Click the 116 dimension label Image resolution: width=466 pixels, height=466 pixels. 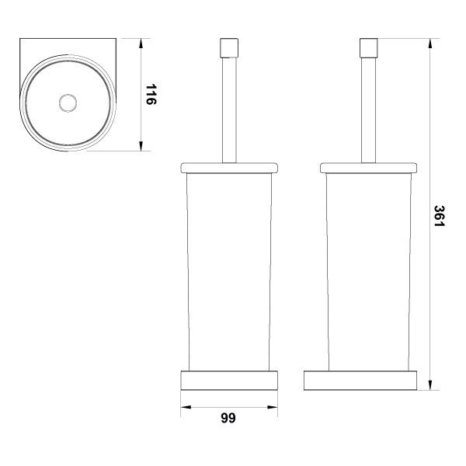[x=151, y=95]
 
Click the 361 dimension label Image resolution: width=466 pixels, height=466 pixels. [x=440, y=216]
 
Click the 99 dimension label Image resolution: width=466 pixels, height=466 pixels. [x=228, y=418]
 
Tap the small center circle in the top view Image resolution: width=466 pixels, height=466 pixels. [x=68, y=103]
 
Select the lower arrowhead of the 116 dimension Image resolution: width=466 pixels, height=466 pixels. [x=141, y=146]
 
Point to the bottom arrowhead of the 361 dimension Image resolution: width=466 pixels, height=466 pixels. [x=430, y=385]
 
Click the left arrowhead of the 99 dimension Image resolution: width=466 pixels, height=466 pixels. [x=186, y=407]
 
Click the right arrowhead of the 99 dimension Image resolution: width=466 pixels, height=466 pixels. [x=273, y=407]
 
